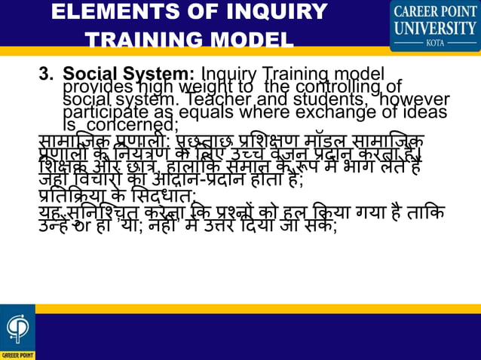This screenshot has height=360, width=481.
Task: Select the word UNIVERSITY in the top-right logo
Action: (x=435, y=29)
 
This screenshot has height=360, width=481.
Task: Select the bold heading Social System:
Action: (x=129, y=75)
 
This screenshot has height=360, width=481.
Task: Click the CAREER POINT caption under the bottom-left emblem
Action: (x=17, y=355)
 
